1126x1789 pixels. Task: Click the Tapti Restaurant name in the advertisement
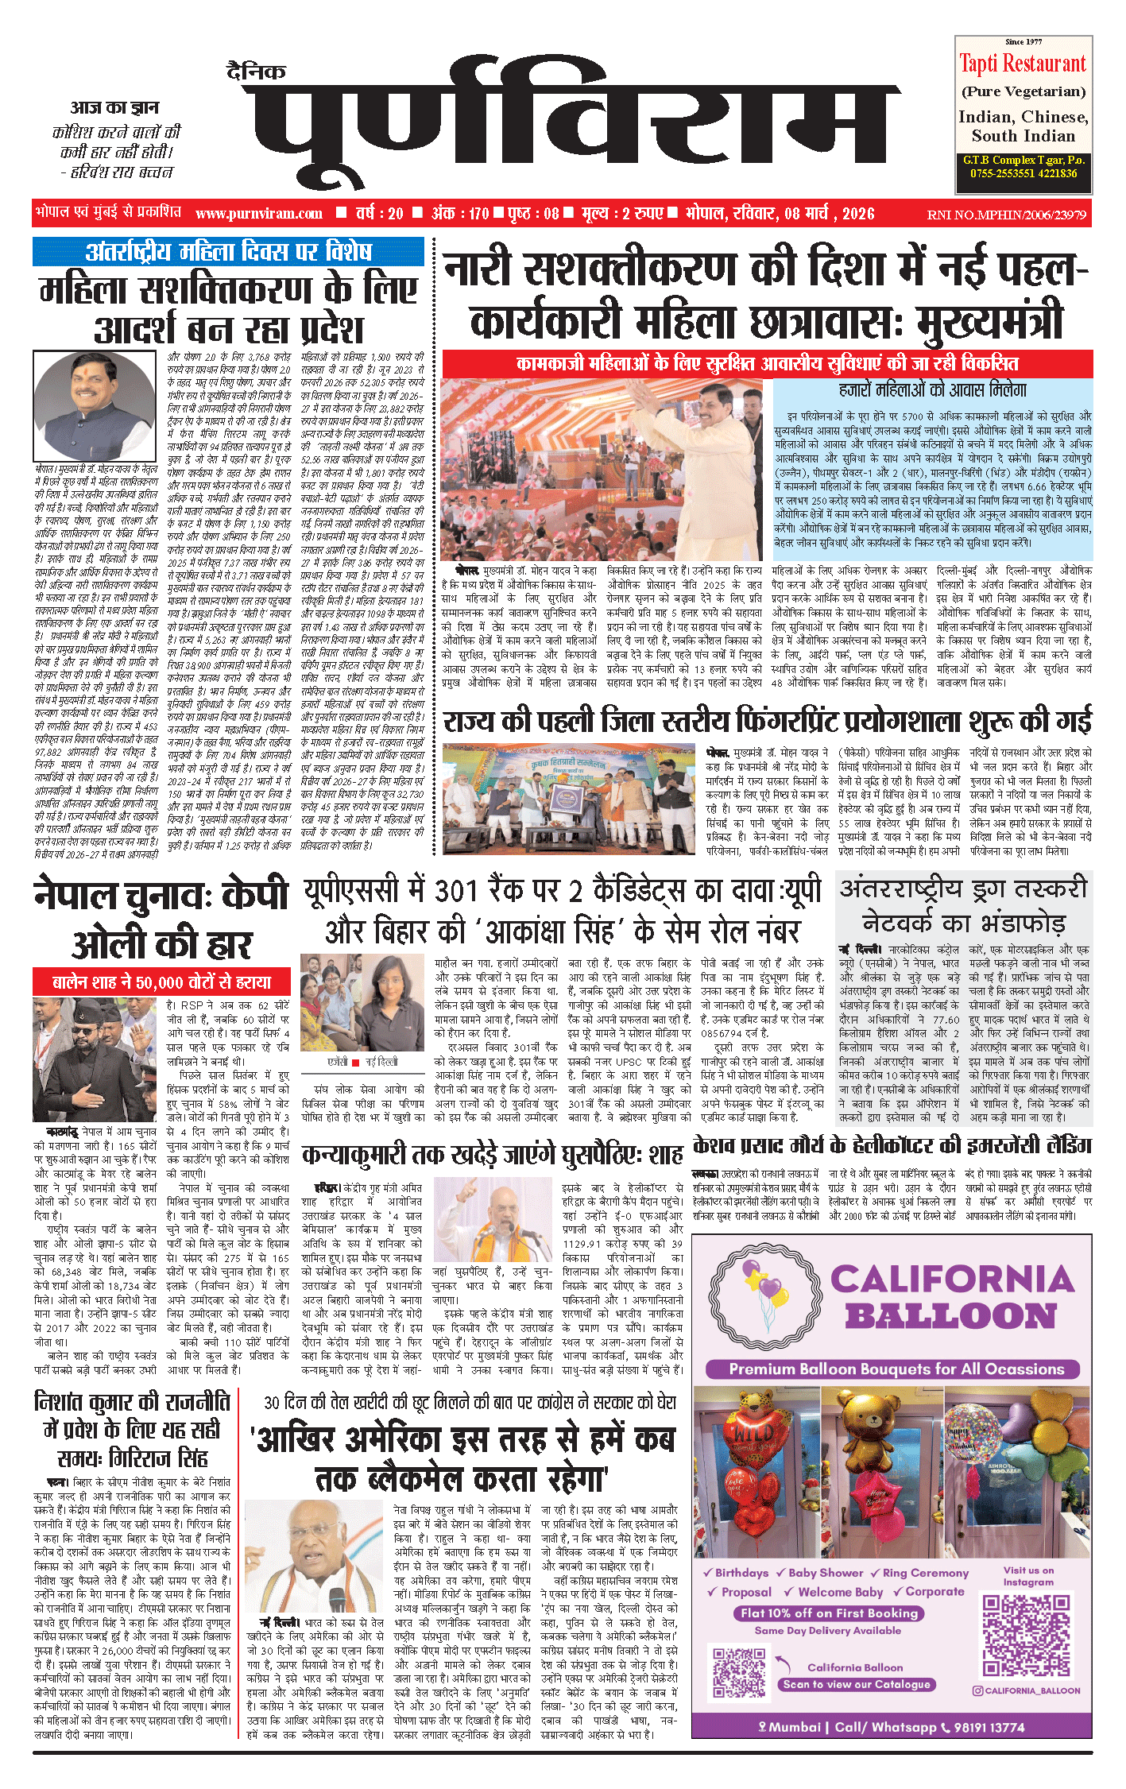[x=1022, y=64]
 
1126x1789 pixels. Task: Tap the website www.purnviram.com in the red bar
[x=258, y=213]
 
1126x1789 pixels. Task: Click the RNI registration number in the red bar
[x=1006, y=215]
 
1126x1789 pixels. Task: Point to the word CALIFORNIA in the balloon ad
[x=952, y=1280]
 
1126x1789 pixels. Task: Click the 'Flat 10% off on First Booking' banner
[x=829, y=1613]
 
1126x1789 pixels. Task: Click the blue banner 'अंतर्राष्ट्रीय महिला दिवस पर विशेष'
[x=228, y=252]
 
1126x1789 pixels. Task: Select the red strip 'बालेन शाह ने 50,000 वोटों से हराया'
[x=161, y=982]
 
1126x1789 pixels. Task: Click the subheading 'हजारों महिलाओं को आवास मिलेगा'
[x=932, y=390]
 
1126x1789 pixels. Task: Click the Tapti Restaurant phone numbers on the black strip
[x=1023, y=173]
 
